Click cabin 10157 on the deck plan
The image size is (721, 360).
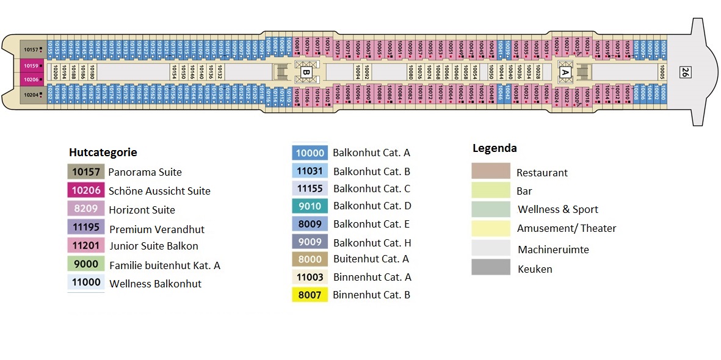point(31,49)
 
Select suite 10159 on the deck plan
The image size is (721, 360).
point(31,65)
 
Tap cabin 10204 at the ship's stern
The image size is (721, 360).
point(31,95)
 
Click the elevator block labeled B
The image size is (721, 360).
point(306,73)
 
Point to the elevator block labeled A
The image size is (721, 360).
point(565,73)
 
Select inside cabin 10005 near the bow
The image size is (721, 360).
point(662,73)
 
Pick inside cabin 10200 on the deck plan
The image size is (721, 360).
point(56,73)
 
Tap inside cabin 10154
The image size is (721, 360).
point(175,73)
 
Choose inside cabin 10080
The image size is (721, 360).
point(410,73)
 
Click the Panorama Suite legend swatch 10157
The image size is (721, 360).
point(86,171)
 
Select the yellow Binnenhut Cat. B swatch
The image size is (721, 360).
point(310,295)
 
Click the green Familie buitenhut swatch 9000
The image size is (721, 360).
point(86,265)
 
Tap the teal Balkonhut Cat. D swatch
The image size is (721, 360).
point(310,206)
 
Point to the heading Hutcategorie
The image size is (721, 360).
point(103,153)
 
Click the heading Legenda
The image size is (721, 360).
point(495,148)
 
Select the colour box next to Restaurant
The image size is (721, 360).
point(490,171)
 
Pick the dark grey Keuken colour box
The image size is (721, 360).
point(490,267)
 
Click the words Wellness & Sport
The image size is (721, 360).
point(557,209)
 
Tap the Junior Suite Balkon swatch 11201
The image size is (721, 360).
point(86,246)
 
